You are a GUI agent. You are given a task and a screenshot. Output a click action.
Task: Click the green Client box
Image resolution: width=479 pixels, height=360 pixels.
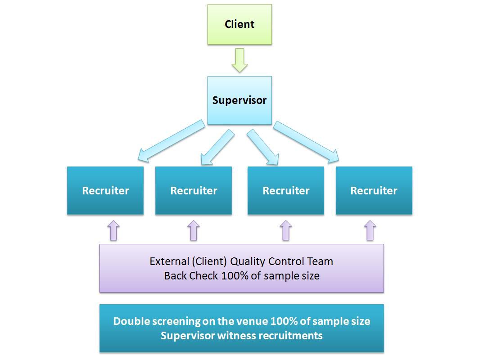pos(239,24)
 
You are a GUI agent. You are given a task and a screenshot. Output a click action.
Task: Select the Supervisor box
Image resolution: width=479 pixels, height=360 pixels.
pos(239,100)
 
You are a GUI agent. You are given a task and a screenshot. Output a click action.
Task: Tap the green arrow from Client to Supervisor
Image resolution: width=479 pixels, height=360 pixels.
pos(239,60)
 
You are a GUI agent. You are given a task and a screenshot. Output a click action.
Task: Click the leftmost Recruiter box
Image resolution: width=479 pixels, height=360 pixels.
pos(105,190)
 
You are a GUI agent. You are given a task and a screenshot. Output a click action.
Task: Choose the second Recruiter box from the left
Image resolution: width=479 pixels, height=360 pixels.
pos(194,190)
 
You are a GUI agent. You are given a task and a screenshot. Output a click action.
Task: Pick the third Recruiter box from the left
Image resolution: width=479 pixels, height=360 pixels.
pos(286,190)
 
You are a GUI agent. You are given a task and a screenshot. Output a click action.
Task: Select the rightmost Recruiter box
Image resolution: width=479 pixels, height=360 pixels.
pos(374,190)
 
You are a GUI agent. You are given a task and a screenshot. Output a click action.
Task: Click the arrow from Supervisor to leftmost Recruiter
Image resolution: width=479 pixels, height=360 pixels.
pos(171,140)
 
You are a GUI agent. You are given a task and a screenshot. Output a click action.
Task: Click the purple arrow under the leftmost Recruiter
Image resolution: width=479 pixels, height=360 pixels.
pos(113,230)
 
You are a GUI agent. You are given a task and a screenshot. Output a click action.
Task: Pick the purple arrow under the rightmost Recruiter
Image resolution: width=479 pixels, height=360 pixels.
pos(370,230)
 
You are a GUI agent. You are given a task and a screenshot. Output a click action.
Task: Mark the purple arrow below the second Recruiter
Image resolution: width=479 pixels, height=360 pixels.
pos(193,230)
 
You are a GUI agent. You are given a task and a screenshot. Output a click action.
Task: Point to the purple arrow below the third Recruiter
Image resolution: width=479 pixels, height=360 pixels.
pos(286,230)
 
